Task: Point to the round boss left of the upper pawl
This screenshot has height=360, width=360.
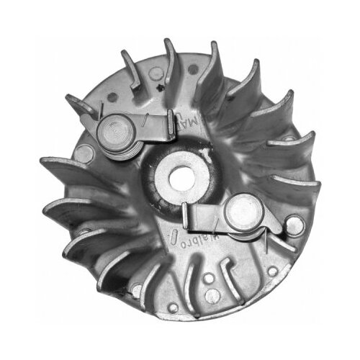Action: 84,151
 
